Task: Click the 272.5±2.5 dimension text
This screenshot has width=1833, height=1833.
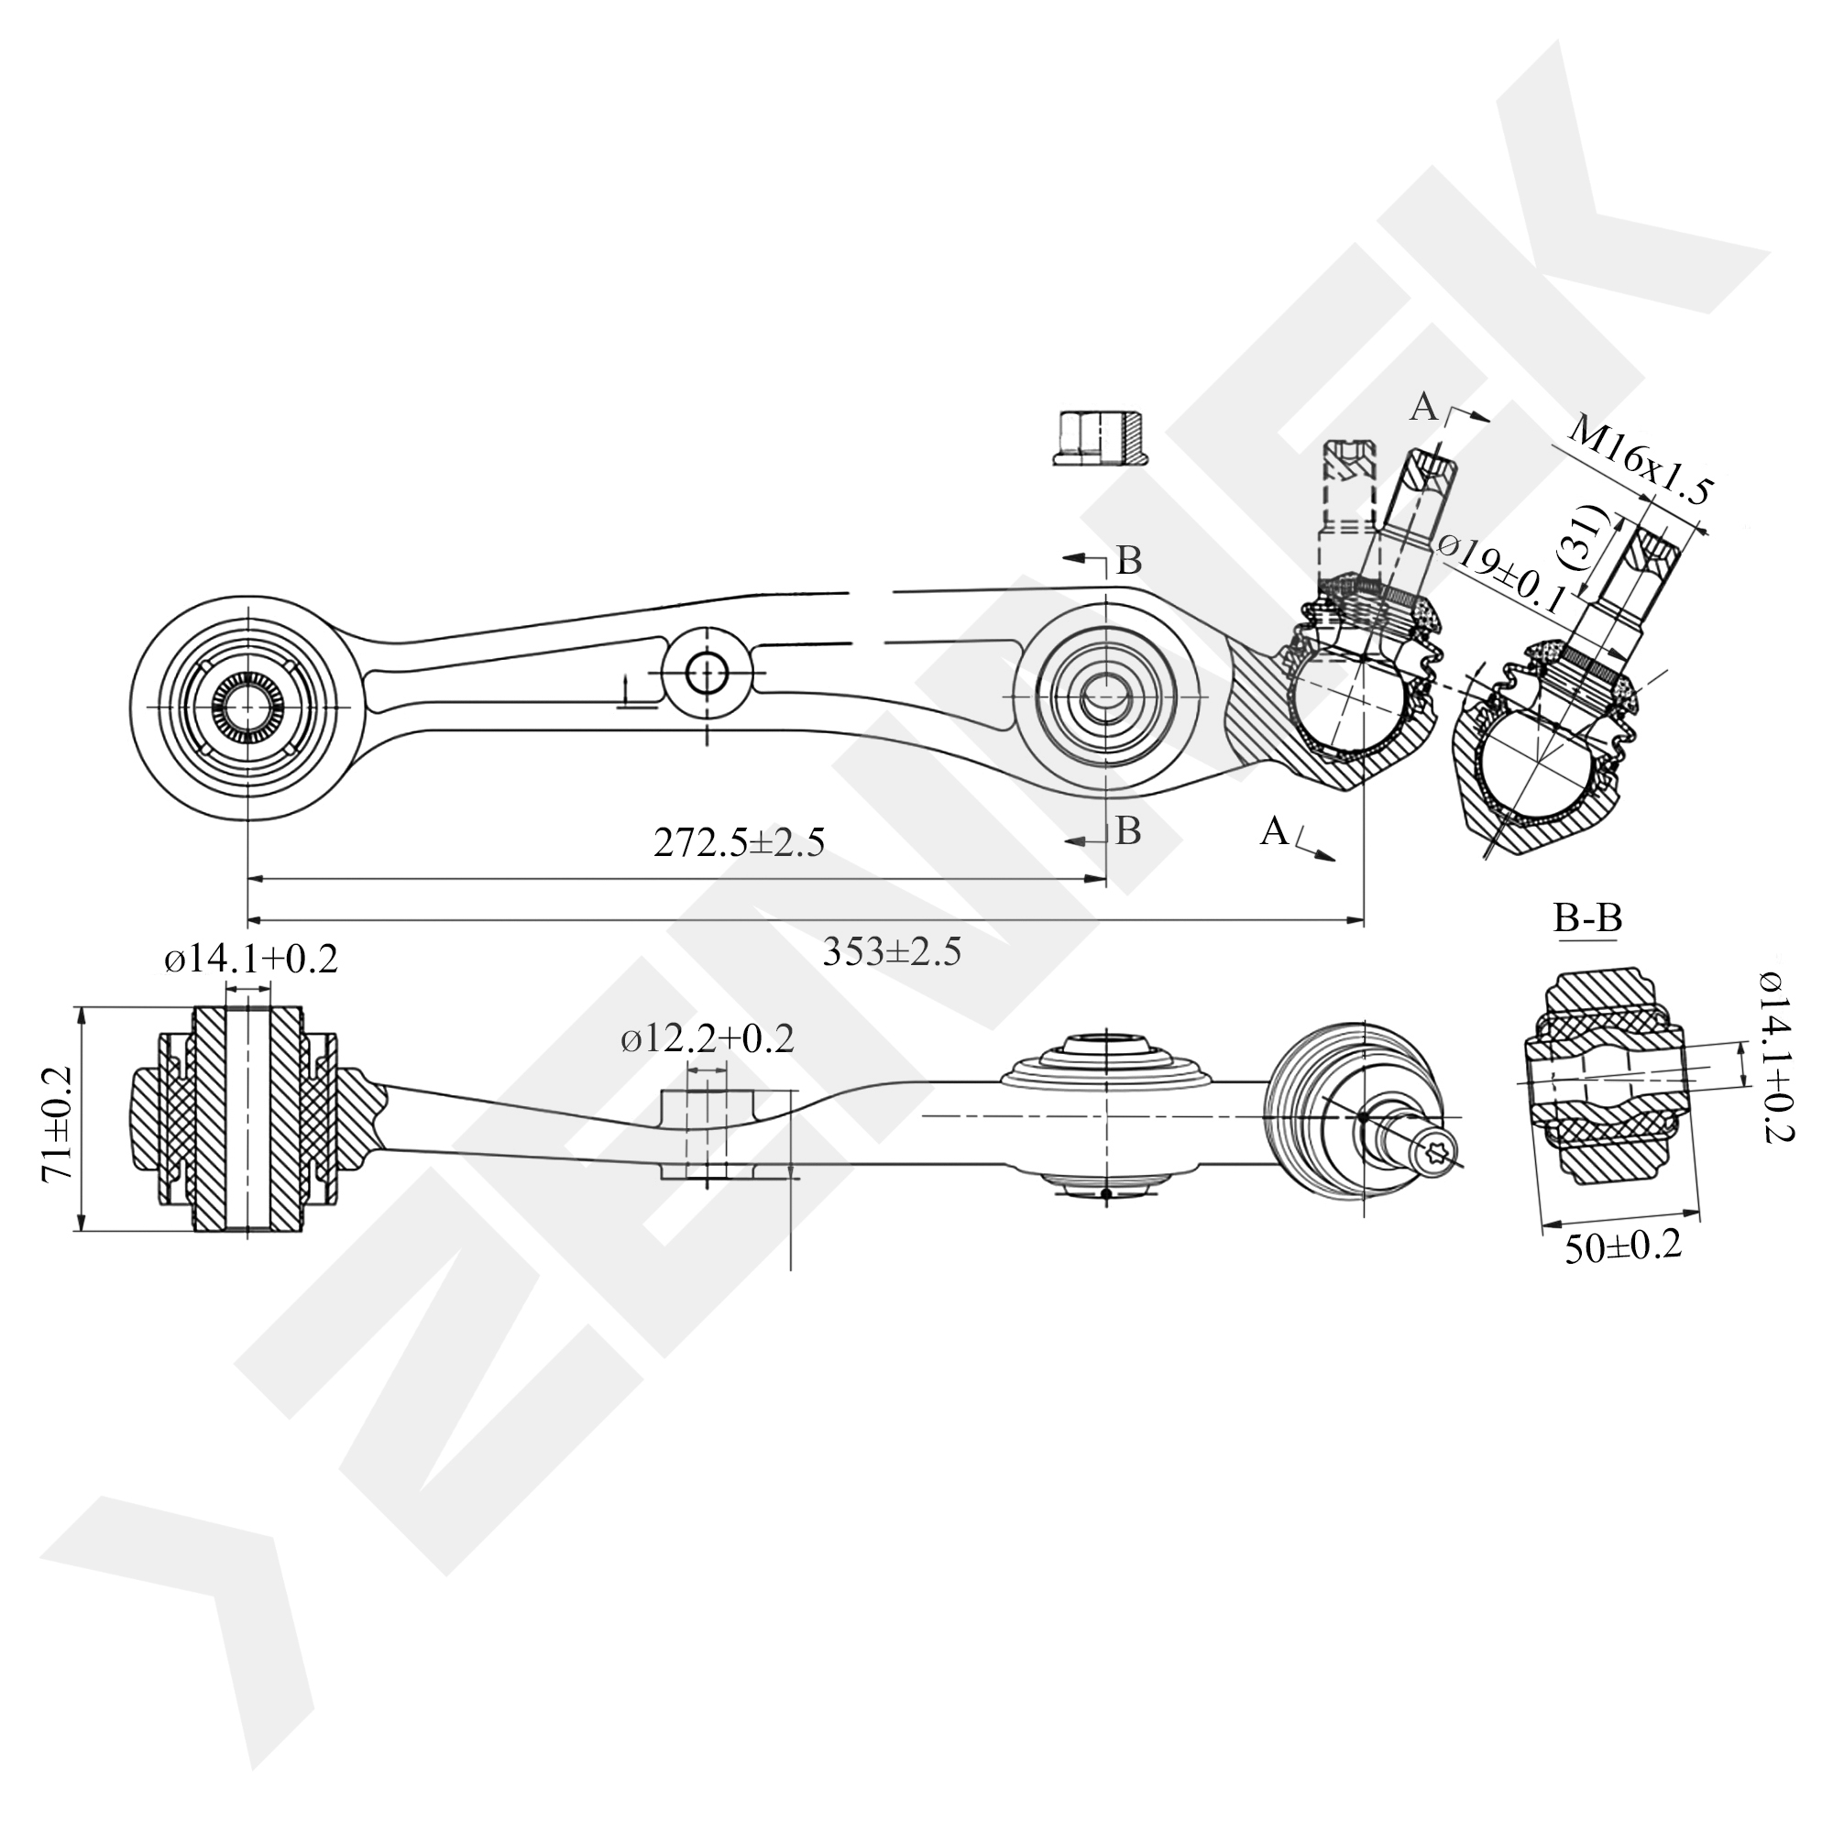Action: point(739,841)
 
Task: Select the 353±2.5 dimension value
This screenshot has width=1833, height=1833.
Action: point(892,951)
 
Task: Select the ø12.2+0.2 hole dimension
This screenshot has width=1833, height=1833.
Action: point(708,1039)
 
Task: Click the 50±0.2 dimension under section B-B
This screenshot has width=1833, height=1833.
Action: point(1623,1246)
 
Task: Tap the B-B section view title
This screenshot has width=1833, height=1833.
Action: point(1588,917)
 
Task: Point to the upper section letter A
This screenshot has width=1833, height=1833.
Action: point(1423,407)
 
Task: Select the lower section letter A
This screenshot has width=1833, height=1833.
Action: point(1274,832)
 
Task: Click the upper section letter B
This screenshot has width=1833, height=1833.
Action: point(1129,562)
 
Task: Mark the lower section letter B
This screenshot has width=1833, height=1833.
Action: point(1128,831)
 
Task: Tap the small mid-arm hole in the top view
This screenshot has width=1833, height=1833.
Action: point(706,674)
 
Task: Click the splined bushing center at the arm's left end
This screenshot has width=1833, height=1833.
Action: point(247,707)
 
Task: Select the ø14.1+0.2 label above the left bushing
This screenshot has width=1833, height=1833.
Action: point(250,960)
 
